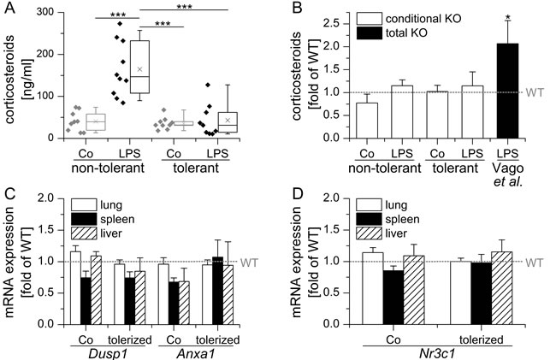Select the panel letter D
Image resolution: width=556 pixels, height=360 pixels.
(292, 191)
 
